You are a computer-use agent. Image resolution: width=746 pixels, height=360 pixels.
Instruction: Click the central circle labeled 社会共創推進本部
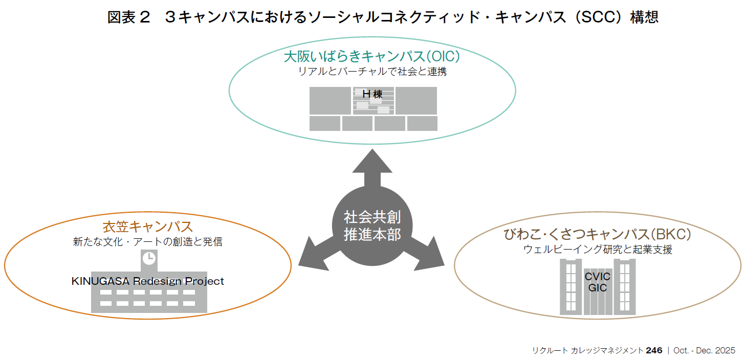coord(372,225)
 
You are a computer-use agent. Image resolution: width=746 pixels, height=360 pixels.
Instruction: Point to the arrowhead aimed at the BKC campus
coord(431,254)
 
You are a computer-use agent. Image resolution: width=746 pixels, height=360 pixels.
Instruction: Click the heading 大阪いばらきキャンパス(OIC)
coord(372,56)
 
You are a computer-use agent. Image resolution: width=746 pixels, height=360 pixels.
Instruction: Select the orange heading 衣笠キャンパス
coord(147,226)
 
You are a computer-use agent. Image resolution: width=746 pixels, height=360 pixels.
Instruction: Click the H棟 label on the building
coord(372,95)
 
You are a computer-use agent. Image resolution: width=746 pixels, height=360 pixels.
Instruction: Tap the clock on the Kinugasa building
coord(148,258)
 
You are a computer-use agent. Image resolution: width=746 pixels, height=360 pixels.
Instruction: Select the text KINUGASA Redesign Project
coord(147,281)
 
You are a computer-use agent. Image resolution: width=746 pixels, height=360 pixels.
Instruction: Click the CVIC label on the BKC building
coord(598,277)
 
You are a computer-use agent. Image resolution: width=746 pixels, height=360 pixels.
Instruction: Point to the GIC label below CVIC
coord(598,288)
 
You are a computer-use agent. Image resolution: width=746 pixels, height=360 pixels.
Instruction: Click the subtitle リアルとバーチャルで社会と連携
coord(372,72)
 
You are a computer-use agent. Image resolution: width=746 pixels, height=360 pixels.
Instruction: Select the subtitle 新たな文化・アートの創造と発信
coord(147,242)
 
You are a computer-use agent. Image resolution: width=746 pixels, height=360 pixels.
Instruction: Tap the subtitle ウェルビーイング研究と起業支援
coord(598,250)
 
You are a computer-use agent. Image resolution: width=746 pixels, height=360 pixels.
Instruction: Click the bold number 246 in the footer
coord(654,350)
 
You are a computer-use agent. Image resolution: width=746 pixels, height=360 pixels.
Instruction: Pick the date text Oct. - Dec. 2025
coord(704,350)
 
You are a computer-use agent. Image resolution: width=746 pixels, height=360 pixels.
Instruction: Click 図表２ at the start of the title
coord(129,17)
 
